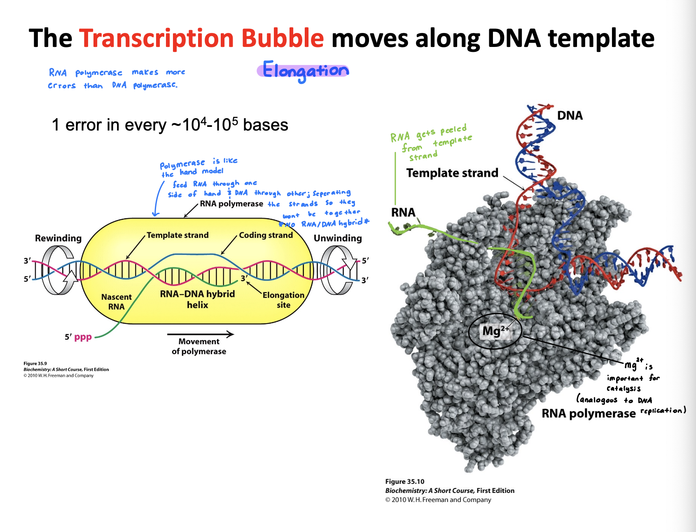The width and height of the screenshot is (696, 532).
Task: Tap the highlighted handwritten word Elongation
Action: (x=305, y=71)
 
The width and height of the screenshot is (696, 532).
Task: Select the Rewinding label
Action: (x=58, y=238)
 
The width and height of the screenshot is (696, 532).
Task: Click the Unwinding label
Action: (x=338, y=238)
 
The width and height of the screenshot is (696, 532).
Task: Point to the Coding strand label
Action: (x=266, y=235)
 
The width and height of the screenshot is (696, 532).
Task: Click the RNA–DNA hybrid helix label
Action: (x=198, y=299)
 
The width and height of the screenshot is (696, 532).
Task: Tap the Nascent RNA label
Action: (x=117, y=302)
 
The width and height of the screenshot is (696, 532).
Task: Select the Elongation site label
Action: (x=283, y=300)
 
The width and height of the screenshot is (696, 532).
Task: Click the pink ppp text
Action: (x=83, y=337)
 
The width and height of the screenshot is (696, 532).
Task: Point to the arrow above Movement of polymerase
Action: (x=201, y=334)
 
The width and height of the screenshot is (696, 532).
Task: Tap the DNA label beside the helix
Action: (x=570, y=115)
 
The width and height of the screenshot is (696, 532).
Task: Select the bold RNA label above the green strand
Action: (x=403, y=212)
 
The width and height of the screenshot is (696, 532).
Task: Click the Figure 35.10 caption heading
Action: (x=405, y=481)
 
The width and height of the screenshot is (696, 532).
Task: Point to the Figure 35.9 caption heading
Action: (x=35, y=364)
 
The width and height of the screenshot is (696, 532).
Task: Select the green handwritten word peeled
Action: (x=453, y=130)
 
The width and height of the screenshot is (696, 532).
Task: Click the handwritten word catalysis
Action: (x=624, y=388)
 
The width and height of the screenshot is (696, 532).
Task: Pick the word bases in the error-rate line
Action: (x=266, y=125)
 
